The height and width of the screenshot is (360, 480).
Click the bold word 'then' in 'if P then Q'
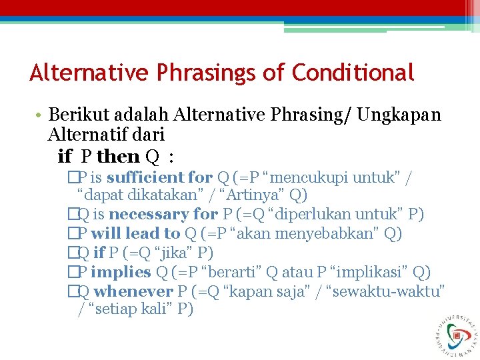pyautogui.click(x=118, y=157)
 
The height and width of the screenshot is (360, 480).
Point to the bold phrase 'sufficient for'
pyautogui.click(x=159, y=177)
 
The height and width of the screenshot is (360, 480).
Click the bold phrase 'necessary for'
pyautogui.click(x=163, y=215)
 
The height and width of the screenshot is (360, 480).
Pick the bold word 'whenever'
pyautogui.click(x=133, y=291)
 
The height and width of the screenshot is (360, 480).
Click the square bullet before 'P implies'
pyautogui.click(x=72, y=272)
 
